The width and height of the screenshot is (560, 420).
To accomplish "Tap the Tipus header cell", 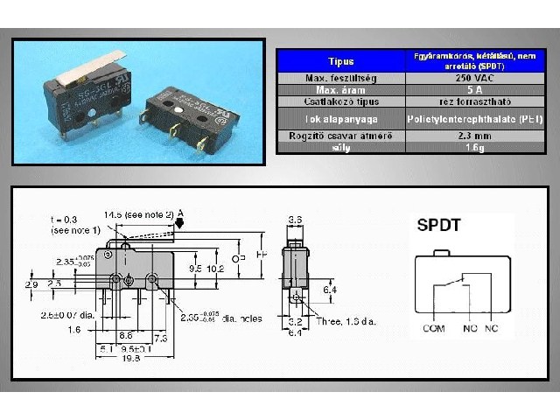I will (341, 61).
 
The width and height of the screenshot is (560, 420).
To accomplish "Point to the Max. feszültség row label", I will (341, 78).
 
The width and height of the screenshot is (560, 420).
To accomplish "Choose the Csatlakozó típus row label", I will (341, 101).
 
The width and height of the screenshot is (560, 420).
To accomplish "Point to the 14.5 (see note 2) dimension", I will (138, 214).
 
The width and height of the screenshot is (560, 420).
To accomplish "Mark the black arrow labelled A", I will (179, 223).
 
